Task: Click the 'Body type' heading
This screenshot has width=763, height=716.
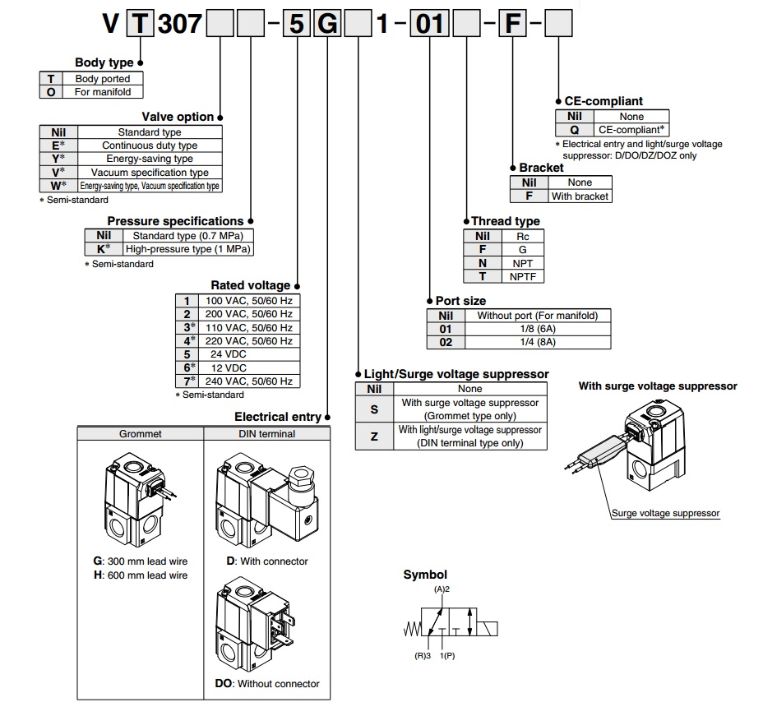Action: (x=104, y=62)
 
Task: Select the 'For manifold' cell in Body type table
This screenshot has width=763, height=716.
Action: (x=103, y=92)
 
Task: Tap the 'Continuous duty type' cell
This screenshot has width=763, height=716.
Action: (x=150, y=146)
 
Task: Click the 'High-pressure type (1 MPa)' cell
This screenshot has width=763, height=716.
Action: (x=187, y=249)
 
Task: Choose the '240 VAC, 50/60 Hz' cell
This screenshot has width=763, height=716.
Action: (x=248, y=381)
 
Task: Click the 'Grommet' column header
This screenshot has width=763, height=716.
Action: (x=140, y=434)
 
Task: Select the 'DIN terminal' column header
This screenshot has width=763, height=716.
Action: (x=266, y=434)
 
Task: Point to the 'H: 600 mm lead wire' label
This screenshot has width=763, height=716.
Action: (x=141, y=575)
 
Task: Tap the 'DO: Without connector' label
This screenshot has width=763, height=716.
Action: (x=267, y=684)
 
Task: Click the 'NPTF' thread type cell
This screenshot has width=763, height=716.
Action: (x=523, y=277)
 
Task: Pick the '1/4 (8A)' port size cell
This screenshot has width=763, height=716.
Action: (x=538, y=342)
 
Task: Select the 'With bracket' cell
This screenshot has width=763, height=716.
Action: (x=580, y=196)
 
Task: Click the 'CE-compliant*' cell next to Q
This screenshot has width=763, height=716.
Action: (x=631, y=130)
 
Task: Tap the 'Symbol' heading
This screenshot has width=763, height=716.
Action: (x=425, y=575)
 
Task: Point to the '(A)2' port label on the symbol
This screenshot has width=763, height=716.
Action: (x=442, y=589)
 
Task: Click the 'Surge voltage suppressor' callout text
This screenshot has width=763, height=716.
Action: (x=665, y=513)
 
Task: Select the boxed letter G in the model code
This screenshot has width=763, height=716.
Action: (x=327, y=23)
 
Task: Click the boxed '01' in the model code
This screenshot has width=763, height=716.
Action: (x=430, y=23)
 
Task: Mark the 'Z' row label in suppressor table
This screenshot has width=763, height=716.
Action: (x=374, y=437)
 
